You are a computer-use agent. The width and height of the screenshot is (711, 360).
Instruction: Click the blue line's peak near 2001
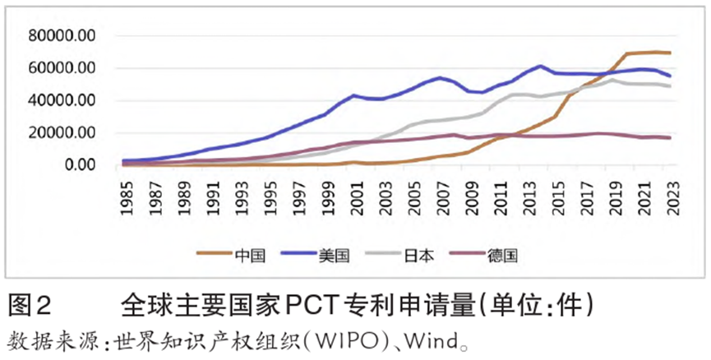point(354,95)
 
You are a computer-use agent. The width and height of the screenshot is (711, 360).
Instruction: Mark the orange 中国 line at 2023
point(671,53)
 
